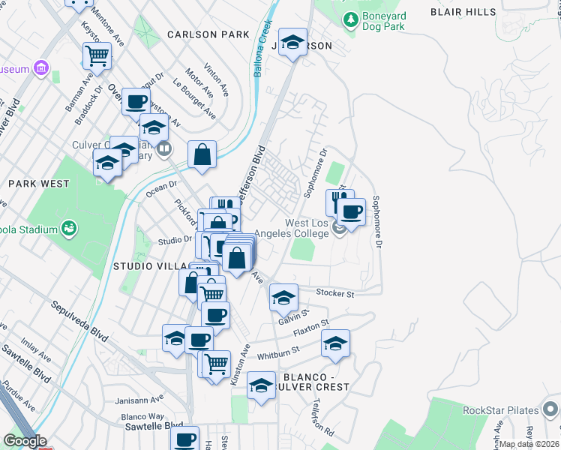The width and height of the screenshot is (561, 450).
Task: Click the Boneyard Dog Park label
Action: pyautogui.click(x=383, y=21)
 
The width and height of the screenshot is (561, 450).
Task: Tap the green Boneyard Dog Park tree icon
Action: pyautogui.click(x=349, y=18)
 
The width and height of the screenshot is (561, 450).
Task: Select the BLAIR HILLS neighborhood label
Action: pyautogui.click(x=463, y=12)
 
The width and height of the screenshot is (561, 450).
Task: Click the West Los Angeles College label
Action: pyautogui.click(x=307, y=228)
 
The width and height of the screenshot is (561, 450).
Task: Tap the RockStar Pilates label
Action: pyautogui.click(x=501, y=409)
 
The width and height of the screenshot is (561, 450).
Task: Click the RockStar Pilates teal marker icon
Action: pyautogui.click(x=550, y=409)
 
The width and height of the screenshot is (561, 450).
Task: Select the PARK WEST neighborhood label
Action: pyautogui.click(x=39, y=184)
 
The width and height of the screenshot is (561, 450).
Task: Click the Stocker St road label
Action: pyautogui.click(x=335, y=293)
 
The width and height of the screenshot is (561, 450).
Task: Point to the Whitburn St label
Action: pyautogui.click(x=278, y=349)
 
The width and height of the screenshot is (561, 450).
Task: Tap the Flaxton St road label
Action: pyautogui.click(x=311, y=328)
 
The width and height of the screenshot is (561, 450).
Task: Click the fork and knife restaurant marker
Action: pyautogui.click(x=339, y=201)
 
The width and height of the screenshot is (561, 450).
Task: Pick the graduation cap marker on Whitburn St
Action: pyautogui.click(x=335, y=343)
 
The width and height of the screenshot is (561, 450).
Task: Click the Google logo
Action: pyautogui.click(x=25, y=441)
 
